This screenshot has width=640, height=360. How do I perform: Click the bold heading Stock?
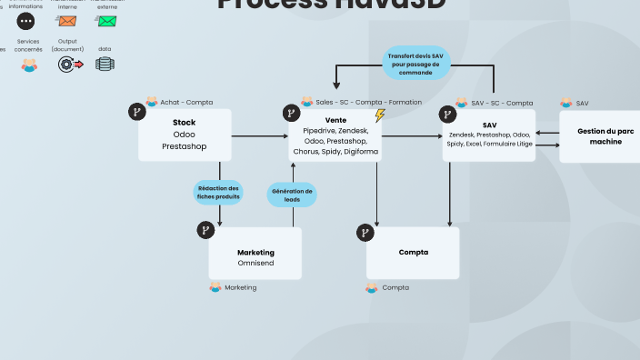click(x=185, y=122)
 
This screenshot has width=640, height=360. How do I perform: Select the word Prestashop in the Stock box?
click(x=185, y=145)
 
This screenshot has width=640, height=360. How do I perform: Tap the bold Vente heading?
click(x=335, y=120)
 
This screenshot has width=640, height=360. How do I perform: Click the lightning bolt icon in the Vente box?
click(x=380, y=115)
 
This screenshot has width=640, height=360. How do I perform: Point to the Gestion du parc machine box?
click(x=599, y=136)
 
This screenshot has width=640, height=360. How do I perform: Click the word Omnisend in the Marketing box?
click(x=255, y=264)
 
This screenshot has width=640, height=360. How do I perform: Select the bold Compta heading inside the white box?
click(x=413, y=252)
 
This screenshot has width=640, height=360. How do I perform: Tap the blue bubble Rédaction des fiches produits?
click(x=218, y=192)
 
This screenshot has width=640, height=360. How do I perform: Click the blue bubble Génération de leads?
click(x=292, y=195)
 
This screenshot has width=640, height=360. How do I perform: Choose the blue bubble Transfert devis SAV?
click(x=415, y=63)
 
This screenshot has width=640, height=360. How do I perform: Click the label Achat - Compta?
click(x=186, y=103)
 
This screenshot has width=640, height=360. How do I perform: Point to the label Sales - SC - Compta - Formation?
click(x=368, y=102)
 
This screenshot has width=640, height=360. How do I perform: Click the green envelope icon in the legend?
click(x=107, y=21)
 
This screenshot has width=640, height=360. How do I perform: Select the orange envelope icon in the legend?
click(x=66, y=21)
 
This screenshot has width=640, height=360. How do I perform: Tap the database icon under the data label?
click(x=105, y=64)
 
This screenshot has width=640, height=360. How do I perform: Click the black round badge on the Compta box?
click(x=365, y=233)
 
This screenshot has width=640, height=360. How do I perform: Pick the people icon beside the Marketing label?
click(x=215, y=287)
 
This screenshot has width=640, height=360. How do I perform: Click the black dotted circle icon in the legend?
click(x=25, y=21)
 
